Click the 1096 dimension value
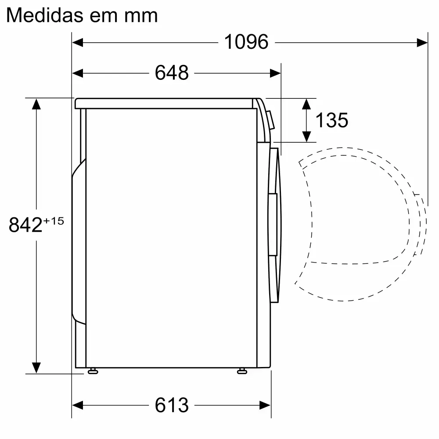click(x=246, y=42)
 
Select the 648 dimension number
click(x=172, y=73)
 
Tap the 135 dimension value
click(x=332, y=120)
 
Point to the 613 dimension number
click(x=172, y=405)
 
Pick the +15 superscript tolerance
click(x=54, y=221)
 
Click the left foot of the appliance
click(x=92, y=371)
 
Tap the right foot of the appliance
click(x=241, y=371)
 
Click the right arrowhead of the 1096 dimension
click(x=422, y=42)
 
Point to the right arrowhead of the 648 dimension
click(x=275, y=73)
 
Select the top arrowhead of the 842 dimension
click(x=36, y=104)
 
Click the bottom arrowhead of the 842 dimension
click(x=36, y=367)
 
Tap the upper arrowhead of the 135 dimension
click(x=307, y=104)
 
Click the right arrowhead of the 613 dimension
click(x=265, y=405)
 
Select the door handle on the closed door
click(x=273, y=224)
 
